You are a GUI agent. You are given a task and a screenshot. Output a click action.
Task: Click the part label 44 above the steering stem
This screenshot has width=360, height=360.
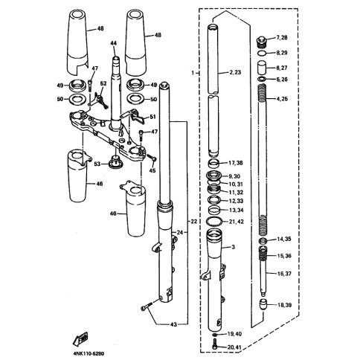point(113,43)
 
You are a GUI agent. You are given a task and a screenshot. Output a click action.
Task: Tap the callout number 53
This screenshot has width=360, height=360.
point(97,164)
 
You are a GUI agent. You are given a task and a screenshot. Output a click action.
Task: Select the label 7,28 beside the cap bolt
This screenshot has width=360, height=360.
point(282,38)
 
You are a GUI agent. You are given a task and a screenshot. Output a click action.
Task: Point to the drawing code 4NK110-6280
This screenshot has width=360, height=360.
point(88,353)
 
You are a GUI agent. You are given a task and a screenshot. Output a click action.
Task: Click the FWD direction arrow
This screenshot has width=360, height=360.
point(80,338)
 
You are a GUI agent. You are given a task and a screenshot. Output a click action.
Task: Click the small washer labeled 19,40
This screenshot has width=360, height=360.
point(214,335)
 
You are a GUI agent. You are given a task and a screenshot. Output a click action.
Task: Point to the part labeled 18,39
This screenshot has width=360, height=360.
point(263,304)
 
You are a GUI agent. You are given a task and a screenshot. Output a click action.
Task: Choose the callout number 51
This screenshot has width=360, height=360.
point(153,117)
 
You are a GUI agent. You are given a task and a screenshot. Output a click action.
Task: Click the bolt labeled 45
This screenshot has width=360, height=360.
point(151,158)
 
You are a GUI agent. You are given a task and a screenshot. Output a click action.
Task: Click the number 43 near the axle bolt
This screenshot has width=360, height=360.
point(173,324)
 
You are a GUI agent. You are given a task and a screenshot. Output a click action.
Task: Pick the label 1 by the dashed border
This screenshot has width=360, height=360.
point(193,73)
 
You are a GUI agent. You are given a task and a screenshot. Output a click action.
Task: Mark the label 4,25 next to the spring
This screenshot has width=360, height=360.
point(282,99)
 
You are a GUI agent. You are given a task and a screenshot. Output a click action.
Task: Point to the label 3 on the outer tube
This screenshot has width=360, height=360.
point(233,247)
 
